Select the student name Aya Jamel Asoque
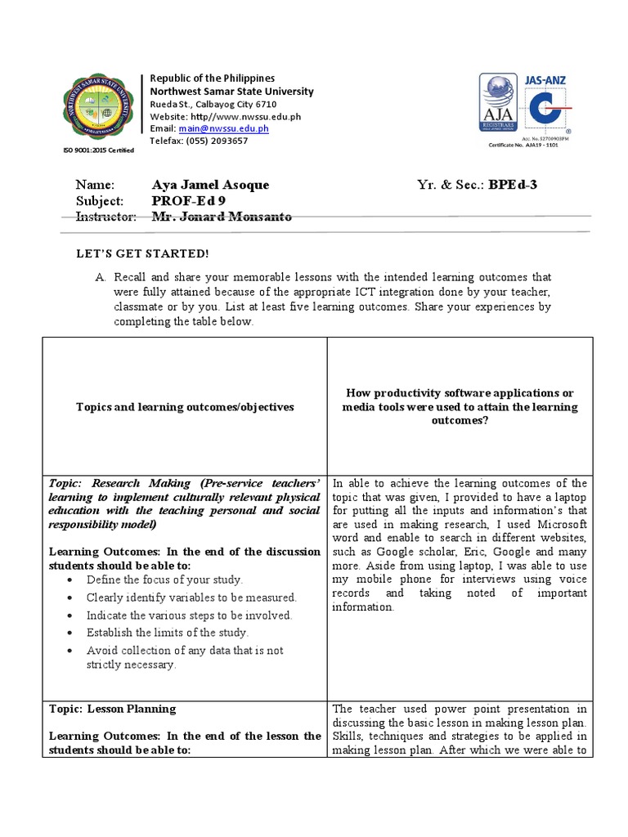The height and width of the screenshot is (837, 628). (210, 185)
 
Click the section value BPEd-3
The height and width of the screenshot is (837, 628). (513, 185)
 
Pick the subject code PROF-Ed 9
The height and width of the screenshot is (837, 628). (189, 201)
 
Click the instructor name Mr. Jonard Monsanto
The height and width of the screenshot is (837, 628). (222, 217)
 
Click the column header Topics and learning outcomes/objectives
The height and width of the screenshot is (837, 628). (185, 406)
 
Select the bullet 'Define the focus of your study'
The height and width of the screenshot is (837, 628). (164, 580)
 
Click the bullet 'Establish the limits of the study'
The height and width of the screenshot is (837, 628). (167, 633)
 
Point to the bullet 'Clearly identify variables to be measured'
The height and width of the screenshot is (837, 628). (191, 598)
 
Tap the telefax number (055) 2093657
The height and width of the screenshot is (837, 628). (218, 141)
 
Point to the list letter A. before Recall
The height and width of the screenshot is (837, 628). (101, 278)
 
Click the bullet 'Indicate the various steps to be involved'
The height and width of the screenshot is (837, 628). (189, 615)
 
